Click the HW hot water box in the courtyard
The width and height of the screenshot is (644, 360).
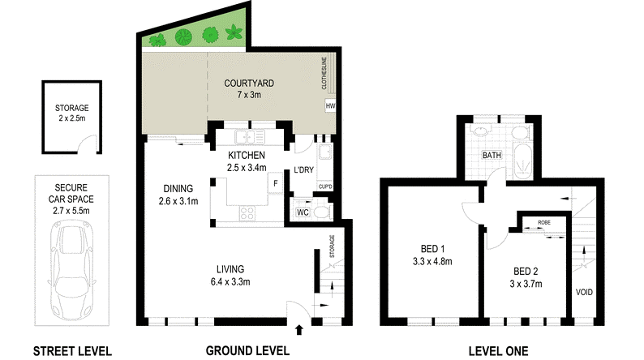[x=330, y=105]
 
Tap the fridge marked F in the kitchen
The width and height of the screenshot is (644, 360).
[x=276, y=183]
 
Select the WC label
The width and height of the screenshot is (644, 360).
[x=303, y=212]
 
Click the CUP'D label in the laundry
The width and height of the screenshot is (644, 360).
[x=325, y=186]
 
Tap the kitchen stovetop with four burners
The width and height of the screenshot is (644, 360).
[x=247, y=212]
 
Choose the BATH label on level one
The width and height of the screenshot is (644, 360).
[x=492, y=155]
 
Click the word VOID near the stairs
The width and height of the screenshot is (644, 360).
[x=584, y=292]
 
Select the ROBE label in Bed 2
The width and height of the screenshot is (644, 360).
[x=544, y=222]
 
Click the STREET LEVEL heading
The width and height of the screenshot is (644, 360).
[x=72, y=351]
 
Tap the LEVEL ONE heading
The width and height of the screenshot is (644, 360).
[x=498, y=351]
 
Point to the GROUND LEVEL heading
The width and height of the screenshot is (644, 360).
[x=247, y=351]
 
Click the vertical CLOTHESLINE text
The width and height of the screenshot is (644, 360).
[x=324, y=74]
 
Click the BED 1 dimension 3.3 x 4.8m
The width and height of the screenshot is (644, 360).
[x=432, y=261]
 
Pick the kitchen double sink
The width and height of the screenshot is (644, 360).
[x=250, y=137]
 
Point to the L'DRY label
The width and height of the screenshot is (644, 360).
[x=304, y=170]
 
